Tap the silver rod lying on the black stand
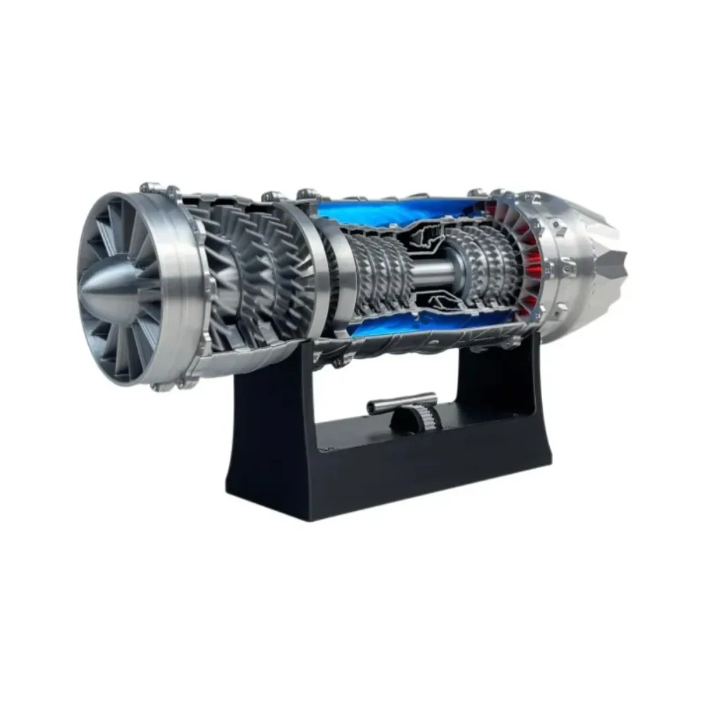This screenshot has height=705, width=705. coord(386,407)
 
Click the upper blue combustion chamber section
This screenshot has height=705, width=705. coord(395,210)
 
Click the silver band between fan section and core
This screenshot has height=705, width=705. coord(310,268)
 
